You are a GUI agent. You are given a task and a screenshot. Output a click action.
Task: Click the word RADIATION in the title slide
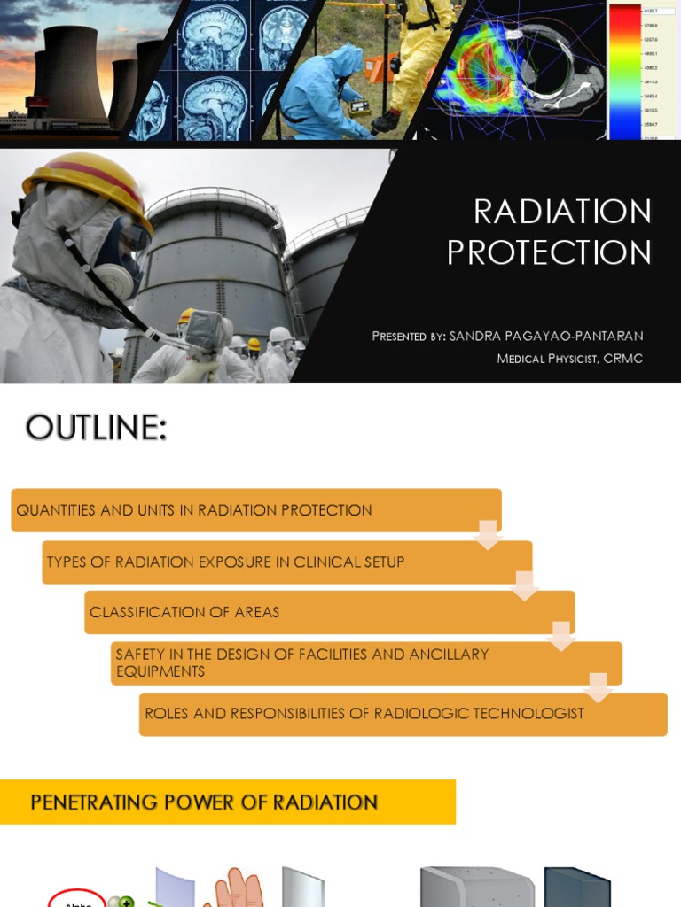point(562,213)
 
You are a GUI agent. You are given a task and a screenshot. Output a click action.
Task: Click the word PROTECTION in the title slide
point(549,253)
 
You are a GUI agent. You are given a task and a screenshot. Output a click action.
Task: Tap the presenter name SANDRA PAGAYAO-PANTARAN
point(546,337)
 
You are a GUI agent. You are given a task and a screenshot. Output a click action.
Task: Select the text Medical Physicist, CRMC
point(569,359)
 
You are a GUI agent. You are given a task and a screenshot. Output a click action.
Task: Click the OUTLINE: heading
point(96,428)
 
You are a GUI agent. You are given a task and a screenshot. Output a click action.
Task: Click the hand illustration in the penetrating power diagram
point(236,890)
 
